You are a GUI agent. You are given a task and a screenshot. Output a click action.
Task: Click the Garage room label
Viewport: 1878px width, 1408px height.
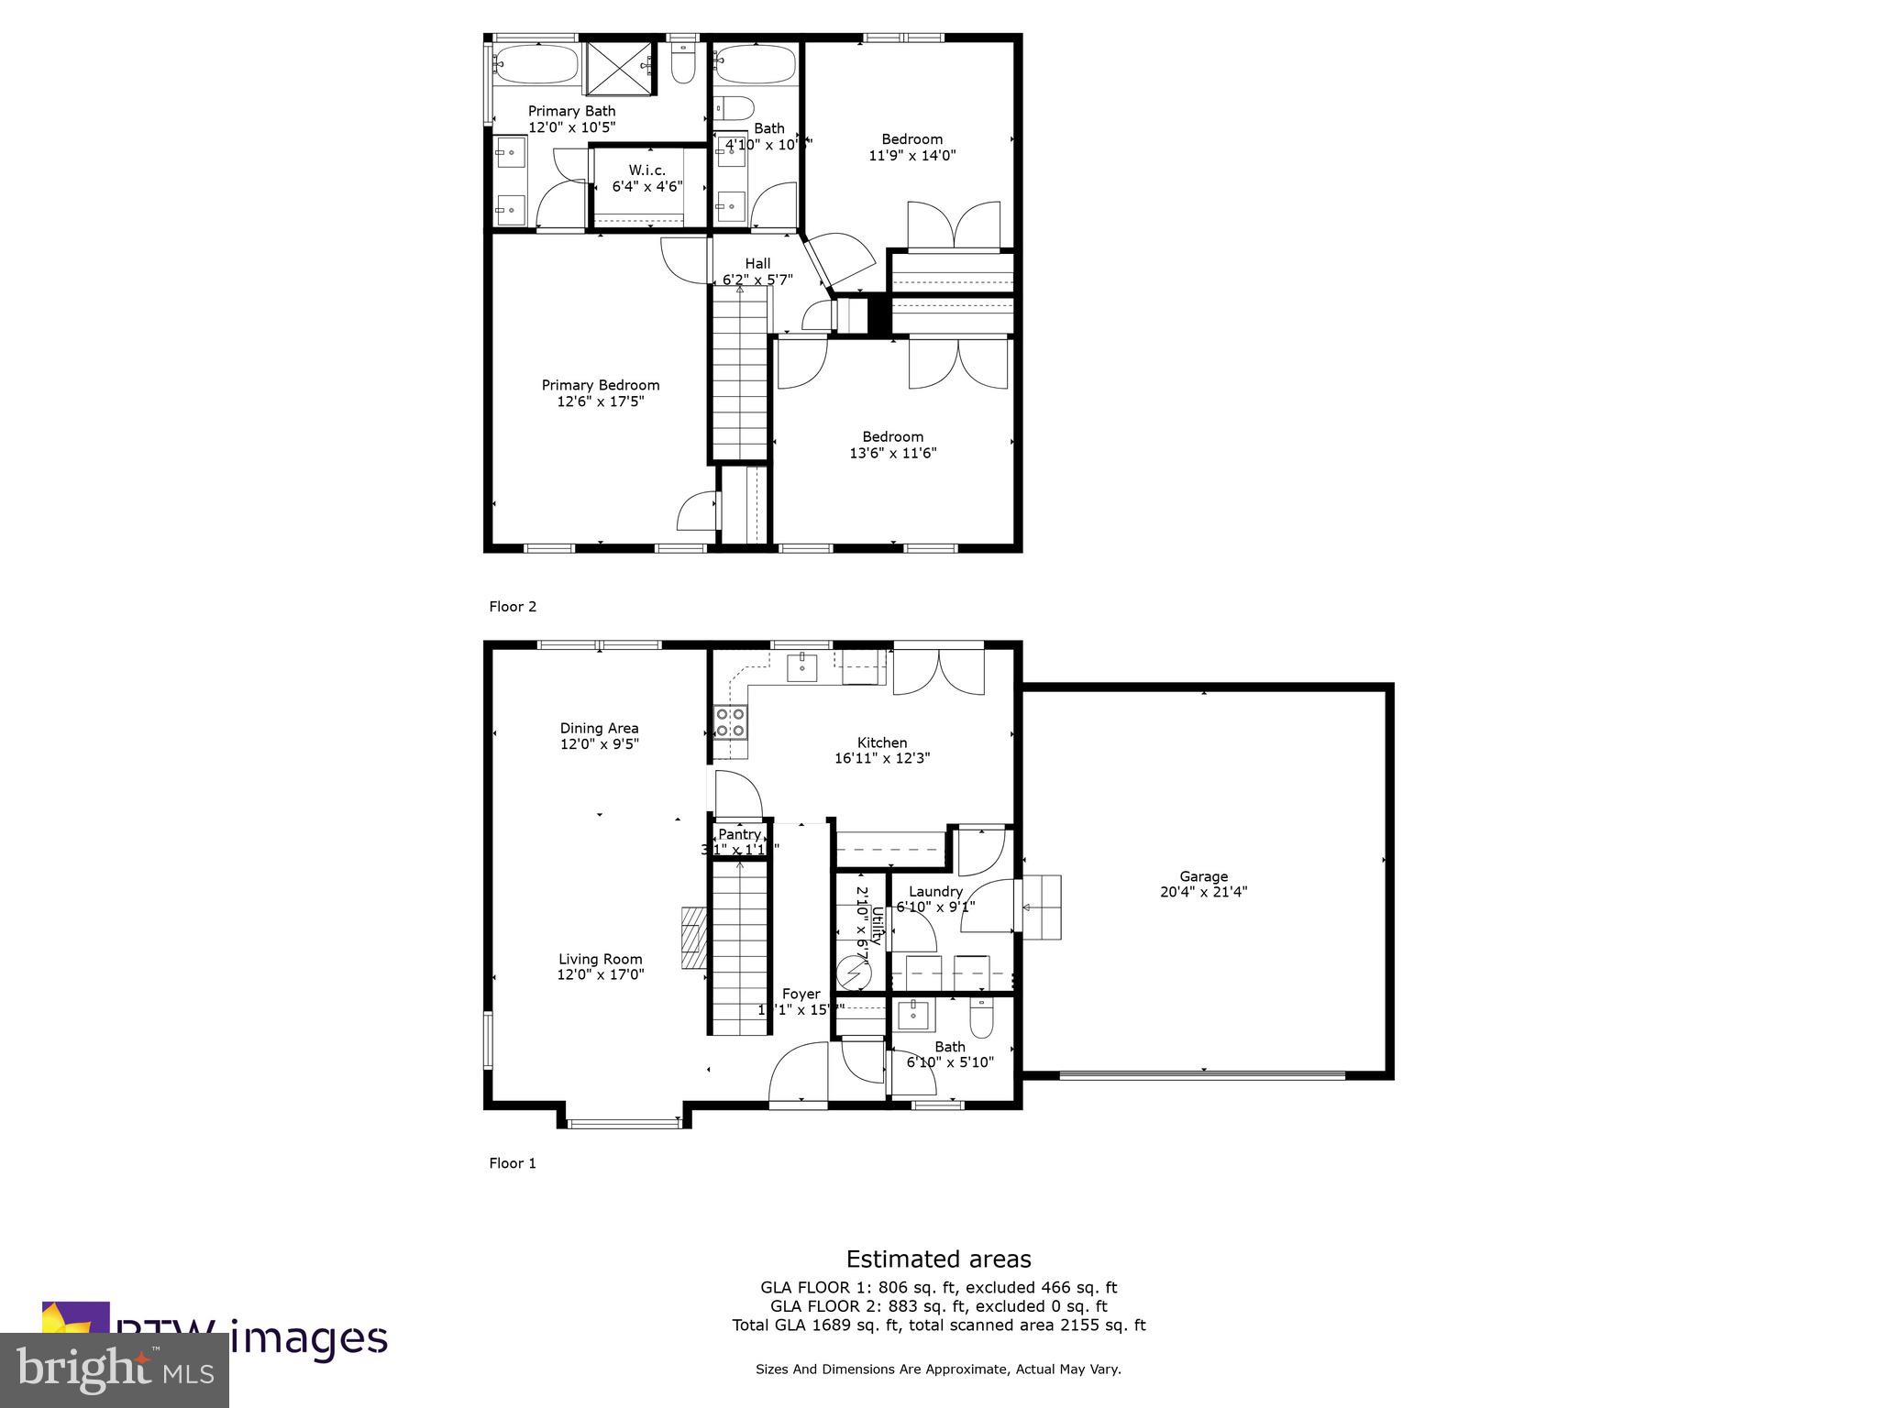pos(1203,876)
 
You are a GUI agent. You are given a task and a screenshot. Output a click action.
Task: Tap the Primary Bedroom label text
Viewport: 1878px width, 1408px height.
pos(601,385)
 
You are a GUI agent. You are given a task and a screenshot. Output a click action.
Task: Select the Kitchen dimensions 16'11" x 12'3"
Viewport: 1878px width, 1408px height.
pos(882,758)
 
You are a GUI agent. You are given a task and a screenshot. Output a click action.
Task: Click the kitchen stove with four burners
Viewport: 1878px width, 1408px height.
pos(731,721)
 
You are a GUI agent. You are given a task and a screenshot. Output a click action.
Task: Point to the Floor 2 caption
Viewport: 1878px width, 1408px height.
pos(513,606)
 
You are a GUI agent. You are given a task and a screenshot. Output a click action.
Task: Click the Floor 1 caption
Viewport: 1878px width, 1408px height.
pos(513,1162)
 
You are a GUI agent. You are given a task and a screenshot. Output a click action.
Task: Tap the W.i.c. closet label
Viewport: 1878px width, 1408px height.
pos(646,170)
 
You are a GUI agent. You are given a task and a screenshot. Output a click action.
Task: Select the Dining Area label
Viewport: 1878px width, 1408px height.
pos(600,729)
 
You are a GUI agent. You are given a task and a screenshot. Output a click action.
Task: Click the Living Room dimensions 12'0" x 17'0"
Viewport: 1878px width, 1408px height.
pos(601,975)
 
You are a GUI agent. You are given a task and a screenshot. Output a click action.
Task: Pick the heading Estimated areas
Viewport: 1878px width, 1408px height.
pos(938,1259)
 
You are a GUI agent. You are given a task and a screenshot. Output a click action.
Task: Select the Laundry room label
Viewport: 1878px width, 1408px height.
pos(935,891)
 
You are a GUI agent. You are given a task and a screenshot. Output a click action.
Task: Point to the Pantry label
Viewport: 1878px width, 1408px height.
pos(739,834)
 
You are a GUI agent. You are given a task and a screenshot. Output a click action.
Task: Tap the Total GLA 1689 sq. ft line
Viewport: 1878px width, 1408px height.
pos(938,1325)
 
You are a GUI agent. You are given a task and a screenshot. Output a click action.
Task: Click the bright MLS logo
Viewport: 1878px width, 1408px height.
pos(115,1370)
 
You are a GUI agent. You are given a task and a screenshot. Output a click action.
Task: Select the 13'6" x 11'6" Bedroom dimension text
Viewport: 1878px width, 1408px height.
pos(892,453)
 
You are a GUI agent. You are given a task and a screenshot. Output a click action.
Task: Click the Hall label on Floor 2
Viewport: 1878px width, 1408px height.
pos(757,264)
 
